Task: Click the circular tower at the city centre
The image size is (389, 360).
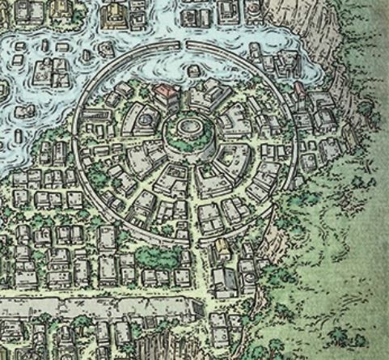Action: tap(191, 131)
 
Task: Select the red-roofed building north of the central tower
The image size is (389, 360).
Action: tap(168, 95)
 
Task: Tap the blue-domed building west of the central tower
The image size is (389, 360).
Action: tap(146, 121)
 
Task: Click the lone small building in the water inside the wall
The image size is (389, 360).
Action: tap(193, 71)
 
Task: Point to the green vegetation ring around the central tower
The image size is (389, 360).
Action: tap(191, 149)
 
